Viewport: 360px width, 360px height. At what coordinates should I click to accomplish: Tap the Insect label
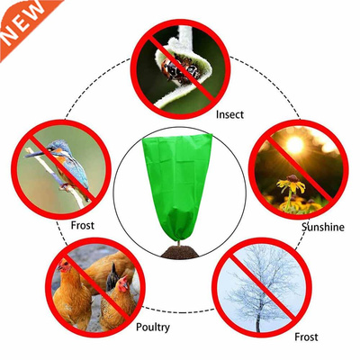(229, 115)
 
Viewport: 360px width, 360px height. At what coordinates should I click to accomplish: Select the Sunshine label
(322, 228)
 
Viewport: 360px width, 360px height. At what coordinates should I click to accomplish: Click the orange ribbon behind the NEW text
(36, 11)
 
